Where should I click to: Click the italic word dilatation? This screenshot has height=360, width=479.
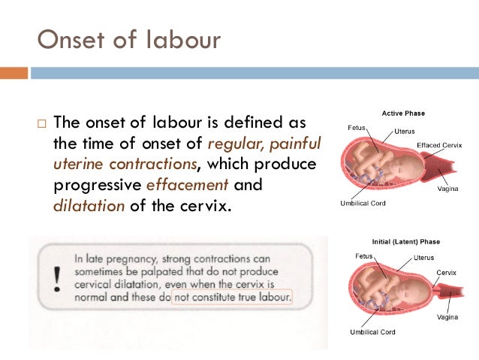(x=89, y=204)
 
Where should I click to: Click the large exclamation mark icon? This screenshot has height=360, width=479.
(x=58, y=277)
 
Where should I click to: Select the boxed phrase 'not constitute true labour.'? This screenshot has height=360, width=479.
(x=233, y=297)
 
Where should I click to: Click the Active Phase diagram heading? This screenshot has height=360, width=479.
(x=402, y=113)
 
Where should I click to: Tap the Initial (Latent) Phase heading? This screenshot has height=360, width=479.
(x=405, y=242)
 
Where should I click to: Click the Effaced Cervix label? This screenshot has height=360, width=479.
(x=439, y=144)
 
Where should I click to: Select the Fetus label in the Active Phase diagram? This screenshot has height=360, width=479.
(x=357, y=128)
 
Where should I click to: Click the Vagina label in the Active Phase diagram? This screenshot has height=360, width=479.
(x=448, y=189)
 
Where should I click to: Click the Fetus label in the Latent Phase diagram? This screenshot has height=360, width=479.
(x=364, y=256)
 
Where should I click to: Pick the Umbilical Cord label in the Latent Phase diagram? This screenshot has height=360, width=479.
(x=369, y=331)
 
